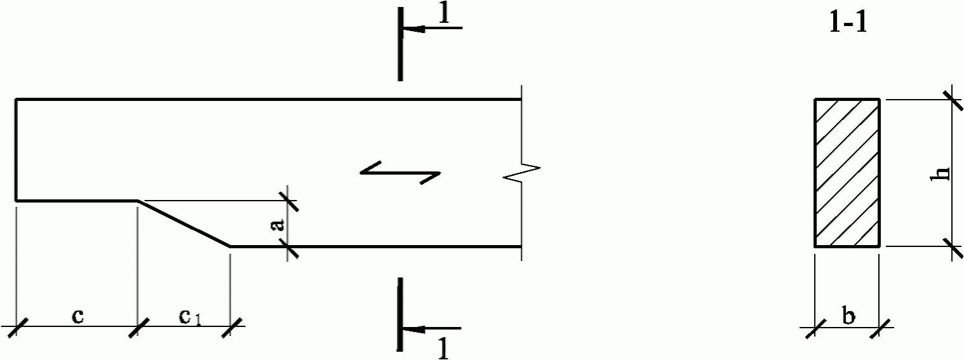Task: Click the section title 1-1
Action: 848,23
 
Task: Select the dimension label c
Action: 77,315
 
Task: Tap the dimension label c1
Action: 189,316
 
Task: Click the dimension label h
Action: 943,173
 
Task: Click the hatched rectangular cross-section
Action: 847,173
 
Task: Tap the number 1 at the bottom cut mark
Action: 444,349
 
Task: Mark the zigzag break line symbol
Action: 522,171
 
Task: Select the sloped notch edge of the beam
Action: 184,223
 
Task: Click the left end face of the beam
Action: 16,150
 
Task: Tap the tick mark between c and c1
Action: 138,327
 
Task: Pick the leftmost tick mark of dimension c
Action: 16,327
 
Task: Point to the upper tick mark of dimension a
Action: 288,201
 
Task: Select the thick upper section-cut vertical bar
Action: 400,44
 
